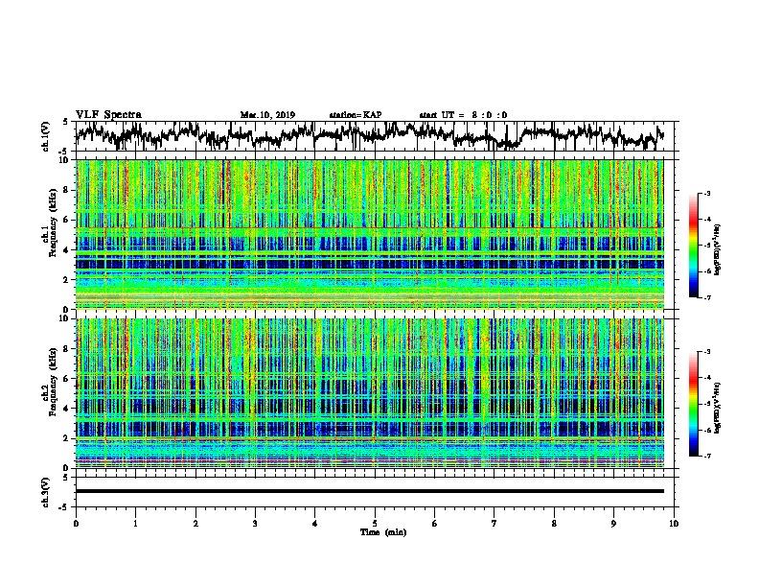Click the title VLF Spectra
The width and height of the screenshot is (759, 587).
pos(108,114)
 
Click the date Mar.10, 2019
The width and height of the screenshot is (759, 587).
pos(267,115)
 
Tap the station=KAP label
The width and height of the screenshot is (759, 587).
pos(355,115)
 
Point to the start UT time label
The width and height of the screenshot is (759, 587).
pos(463,115)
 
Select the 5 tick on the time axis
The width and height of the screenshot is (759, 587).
pos(375,523)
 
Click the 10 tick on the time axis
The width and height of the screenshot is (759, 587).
pos(674,523)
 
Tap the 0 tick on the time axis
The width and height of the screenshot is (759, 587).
pos(76,523)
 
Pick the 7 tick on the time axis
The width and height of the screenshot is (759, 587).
pos(494,523)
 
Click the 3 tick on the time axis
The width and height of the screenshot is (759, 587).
pos(255,523)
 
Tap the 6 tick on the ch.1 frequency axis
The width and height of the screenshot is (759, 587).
pos(67,220)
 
